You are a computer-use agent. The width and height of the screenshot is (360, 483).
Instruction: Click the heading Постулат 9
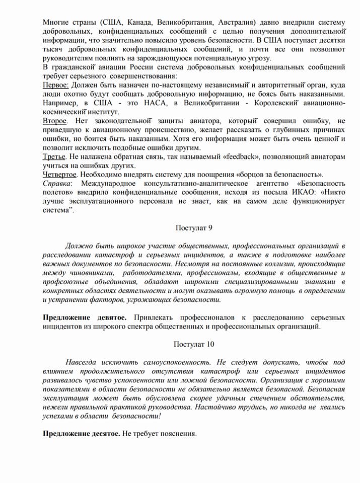pyautogui.click(x=194, y=228)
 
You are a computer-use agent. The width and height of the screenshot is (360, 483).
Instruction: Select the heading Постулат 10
pyautogui.click(x=194, y=344)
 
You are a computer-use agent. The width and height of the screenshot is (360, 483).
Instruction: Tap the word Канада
pyautogui.click(x=139, y=23)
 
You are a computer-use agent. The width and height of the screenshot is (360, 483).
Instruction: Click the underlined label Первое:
pyautogui.click(x=55, y=85)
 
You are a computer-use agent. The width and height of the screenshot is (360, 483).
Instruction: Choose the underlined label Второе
pyautogui.click(x=54, y=121)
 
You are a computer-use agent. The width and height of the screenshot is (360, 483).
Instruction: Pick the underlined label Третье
pyautogui.click(x=54, y=157)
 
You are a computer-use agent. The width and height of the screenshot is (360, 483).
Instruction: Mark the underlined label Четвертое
pyautogui.click(x=60, y=175)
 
